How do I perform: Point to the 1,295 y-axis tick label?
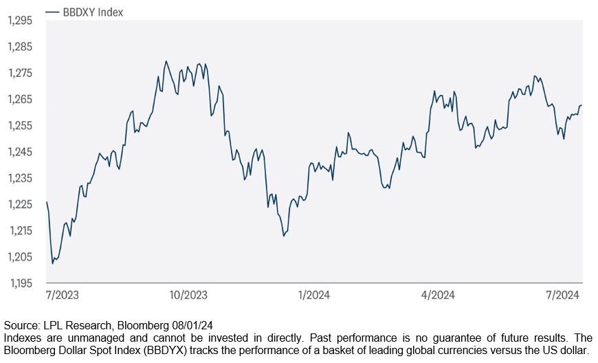point(20,21)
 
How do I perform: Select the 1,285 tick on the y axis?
point(20,47)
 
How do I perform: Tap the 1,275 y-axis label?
point(20,73)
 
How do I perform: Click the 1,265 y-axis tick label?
point(20,99)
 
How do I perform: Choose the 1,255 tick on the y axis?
point(20,125)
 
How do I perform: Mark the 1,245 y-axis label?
point(20,152)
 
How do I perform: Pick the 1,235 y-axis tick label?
point(20,178)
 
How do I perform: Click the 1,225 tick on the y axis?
point(20,204)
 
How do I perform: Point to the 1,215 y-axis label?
point(20,230)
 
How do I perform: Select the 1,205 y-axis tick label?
point(20,256)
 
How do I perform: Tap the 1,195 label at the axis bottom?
point(20,283)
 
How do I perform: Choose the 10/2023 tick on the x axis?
point(188,295)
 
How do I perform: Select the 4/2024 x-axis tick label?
point(438,295)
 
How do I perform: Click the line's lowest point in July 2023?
point(52,263)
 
